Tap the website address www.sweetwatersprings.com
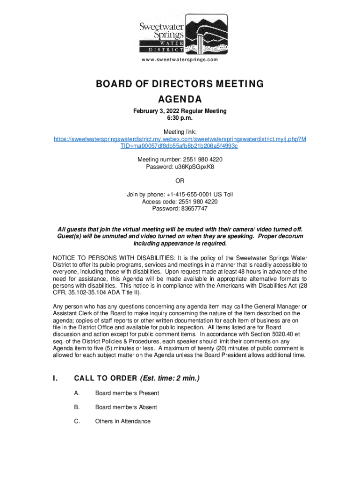tap(180, 60)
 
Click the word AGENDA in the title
tap(180, 99)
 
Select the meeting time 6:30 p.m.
tap(180, 118)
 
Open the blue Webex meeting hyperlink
tap(180, 143)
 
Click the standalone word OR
tap(180, 181)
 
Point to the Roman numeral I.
tap(56, 378)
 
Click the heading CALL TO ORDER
tap(105, 378)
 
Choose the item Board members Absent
tap(126, 407)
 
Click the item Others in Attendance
tap(123, 421)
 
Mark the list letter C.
tap(77, 421)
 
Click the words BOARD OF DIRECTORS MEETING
tap(180, 84)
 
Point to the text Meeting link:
tap(180, 132)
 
